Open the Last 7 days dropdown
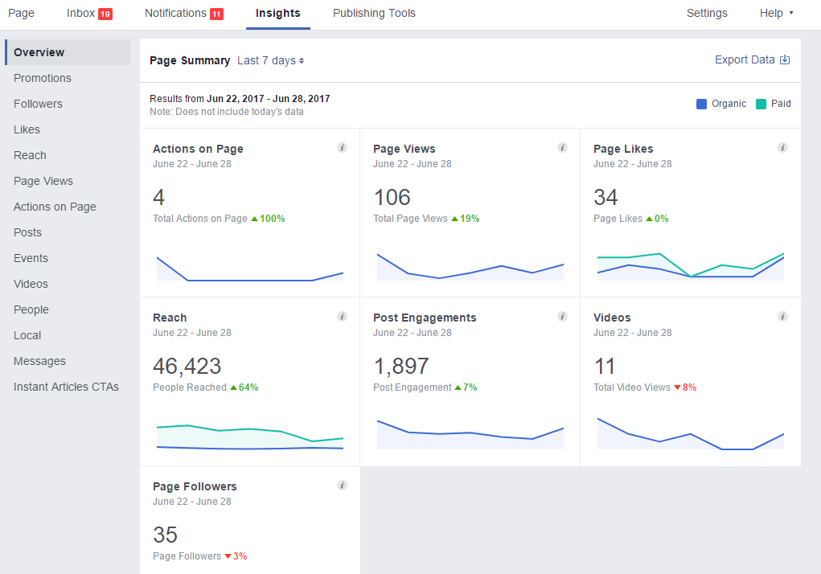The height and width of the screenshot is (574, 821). coord(270,61)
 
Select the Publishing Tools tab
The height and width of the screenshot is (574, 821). coord(374,14)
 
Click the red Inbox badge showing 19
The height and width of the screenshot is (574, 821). coord(105,14)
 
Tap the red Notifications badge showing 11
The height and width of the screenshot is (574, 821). coord(216,14)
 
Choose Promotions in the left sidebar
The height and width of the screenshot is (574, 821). coord(43,78)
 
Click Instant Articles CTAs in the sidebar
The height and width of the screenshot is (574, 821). coord(66,387)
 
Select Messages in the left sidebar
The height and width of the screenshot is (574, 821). coord(39,361)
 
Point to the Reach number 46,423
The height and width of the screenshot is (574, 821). coord(187,367)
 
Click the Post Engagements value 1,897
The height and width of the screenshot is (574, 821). coord(401,367)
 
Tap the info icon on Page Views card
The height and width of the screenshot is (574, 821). coord(562,148)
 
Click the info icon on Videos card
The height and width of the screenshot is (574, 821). coord(782,317)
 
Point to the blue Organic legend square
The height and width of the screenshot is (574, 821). coord(702,104)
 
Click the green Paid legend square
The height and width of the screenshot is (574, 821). coord(761,104)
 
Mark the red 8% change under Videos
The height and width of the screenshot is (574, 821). coord(685,387)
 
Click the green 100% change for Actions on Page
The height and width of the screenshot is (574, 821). coord(269,219)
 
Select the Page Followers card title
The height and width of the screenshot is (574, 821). coord(195,486)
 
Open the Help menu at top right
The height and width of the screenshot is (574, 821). coord(776,14)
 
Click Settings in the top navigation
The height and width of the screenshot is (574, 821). coord(707,14)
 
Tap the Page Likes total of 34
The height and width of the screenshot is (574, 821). coord(605,198)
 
